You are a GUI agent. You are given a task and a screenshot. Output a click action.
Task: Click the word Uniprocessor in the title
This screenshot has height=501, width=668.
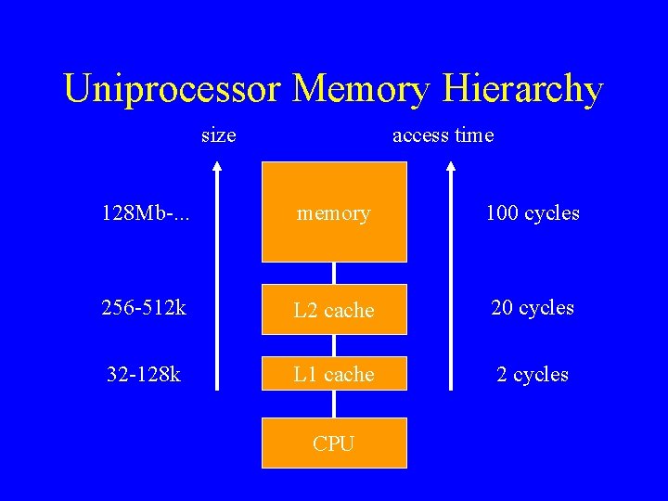[x=173, y=90]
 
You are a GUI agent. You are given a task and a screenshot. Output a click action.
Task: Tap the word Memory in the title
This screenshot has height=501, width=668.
[x=360, y=90]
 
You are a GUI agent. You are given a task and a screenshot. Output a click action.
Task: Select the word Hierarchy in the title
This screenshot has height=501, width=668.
[x=524, y=90]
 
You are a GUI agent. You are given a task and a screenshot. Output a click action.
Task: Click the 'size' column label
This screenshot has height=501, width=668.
[x=218, y=135]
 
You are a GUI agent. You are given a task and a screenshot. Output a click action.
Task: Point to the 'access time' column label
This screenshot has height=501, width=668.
[x=443, y=135]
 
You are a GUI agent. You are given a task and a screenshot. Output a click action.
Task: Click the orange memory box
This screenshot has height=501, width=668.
[x=334, y=212]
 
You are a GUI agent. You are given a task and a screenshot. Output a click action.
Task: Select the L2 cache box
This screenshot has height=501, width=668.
[x=334, y=310]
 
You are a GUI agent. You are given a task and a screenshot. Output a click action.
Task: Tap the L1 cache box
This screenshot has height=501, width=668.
[x=334, y=375]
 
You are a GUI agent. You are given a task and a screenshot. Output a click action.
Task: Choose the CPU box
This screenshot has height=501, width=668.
[x=334, y=443]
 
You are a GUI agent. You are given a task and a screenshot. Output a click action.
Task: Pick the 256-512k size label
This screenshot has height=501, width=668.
[x=144, y=307]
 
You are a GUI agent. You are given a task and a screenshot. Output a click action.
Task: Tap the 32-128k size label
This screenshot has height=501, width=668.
[x=143, y=375]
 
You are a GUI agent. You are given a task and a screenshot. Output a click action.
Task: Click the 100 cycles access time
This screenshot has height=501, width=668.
[x=532, y=213]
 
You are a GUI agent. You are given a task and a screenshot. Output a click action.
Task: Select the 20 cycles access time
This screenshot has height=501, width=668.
[x=532, y=307]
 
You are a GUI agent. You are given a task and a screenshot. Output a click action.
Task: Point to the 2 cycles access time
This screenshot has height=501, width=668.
[x=532, y=375]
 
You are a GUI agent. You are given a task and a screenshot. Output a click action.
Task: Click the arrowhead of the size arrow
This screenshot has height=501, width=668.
[x=218, y=169]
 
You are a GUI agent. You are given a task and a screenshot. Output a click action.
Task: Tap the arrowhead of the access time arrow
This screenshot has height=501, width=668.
[x=452, y=169]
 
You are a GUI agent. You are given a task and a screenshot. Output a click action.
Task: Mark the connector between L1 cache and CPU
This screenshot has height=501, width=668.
[x=334, y=405]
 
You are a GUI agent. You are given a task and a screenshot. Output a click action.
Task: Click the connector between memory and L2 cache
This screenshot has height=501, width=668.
[x=334, y=273]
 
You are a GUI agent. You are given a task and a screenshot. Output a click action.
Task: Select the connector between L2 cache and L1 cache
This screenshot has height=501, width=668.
[x=334, y=345]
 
